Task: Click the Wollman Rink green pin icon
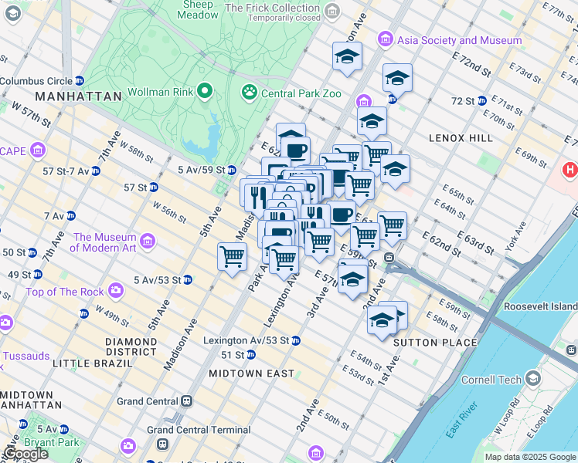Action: point(205,92)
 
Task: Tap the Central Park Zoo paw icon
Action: point(249,93)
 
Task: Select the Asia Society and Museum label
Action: point(458,39)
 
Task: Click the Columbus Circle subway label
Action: point(36,80)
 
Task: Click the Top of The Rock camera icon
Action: point(116,291)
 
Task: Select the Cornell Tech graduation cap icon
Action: point(533,378)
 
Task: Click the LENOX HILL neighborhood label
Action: point(460,137)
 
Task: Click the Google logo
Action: point(25,454)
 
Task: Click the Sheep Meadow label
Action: point(198,9)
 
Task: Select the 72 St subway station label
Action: point(463,101)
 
